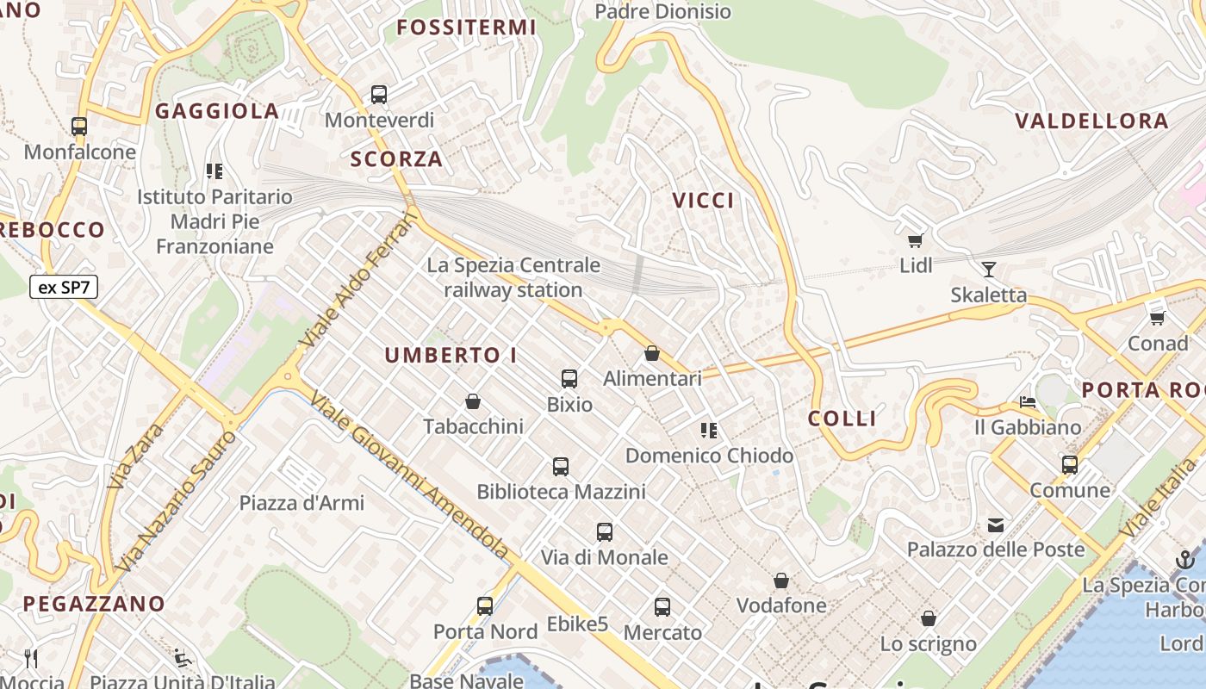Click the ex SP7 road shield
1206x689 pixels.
coord(64,288)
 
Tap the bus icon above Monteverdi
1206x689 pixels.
coord(379,95)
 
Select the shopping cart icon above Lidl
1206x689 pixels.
coord(915,241)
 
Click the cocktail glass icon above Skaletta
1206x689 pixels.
coord(988,270)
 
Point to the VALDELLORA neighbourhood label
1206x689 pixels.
coord(1091,121)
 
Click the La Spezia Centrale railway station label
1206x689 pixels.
coord(513,277)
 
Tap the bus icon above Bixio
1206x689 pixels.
coord(569,378)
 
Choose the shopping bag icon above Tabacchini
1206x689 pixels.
coord(473,401)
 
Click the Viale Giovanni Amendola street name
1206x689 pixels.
coord(410,475)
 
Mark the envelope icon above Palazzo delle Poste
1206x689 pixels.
coord(996,525)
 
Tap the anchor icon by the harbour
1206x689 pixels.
coord(1185,560)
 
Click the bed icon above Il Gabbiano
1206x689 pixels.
coord(1027,402)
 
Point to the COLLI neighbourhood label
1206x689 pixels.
coord(842,419)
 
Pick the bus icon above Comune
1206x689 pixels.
coord(1070,465)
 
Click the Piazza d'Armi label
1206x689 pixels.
coord(301,503)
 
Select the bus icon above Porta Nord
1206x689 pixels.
coord(485,606)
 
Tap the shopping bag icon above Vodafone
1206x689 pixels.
coord(781,580)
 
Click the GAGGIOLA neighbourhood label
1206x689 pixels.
coord(217,111)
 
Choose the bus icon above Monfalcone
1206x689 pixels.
coord(79,127)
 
